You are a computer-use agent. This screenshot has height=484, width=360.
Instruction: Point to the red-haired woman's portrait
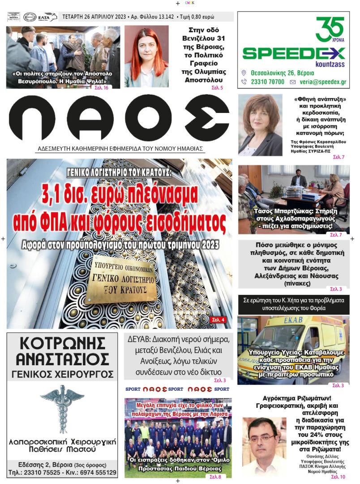point(146,56)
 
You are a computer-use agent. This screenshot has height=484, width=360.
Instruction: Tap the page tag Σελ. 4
point(218,320)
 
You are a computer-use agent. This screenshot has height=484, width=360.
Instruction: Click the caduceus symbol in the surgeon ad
point(62,406)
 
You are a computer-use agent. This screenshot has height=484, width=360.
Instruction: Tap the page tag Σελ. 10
point(338,477)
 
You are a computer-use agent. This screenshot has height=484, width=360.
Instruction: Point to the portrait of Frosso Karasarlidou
point(260,125)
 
